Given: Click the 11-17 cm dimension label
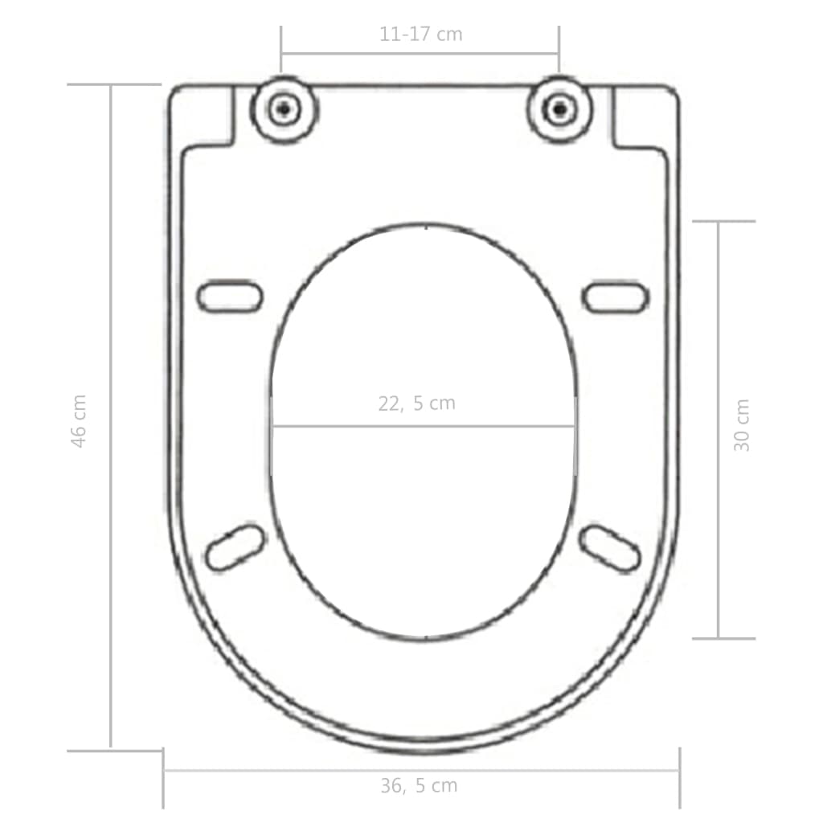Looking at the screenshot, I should pyautogui.click(x=420, y=34).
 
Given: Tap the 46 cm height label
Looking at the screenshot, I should pyautogui.click(x=79, y=420).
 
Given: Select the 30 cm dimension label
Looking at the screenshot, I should pyautogui.click(x=742, y=425).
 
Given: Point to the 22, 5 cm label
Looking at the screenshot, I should pyautogui.click(x=416, y=403).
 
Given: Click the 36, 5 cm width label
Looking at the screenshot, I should pyautogui.click(x=419, y=786).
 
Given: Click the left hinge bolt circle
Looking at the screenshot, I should pyautogui.click(x=282, y=109).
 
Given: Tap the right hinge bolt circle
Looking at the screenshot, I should pyautogui.click(x=559, y=109).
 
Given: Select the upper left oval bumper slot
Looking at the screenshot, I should pyautogui.click(x=230, y=297).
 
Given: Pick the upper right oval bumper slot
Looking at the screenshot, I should pyautogui.click(x=615, y=297).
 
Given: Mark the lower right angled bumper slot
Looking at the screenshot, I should pyautogui.click(x=611, y=548).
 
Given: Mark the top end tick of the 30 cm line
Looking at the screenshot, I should pyautogui.click(x=723, y=221).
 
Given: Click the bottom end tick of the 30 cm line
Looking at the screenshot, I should pyautogui.click(x=723, y=638).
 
